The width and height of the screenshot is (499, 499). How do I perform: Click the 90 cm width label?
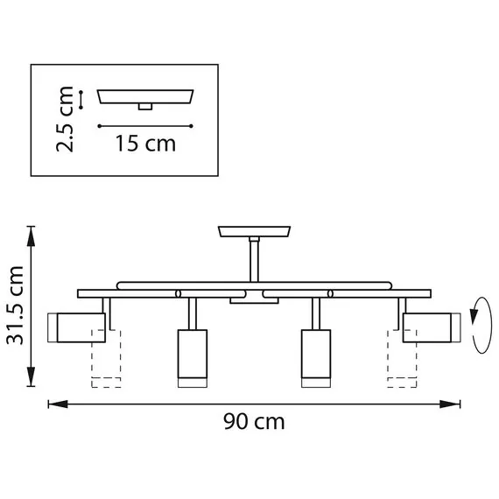pyautogui.click(x=254, y=421)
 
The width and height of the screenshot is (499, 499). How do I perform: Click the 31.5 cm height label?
pyautogui.click(x=15, y=306)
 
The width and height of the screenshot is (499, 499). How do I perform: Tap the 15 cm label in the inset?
pyautogui.click(x=144, y=143)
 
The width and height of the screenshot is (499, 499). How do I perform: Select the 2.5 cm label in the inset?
pyautogui.click(x=64, y=118)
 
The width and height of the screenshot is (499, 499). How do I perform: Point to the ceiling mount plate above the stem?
pyautogui.click(x=255, y=232)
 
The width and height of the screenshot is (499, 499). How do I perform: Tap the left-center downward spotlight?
pyautogui.click(x=190, y=356)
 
